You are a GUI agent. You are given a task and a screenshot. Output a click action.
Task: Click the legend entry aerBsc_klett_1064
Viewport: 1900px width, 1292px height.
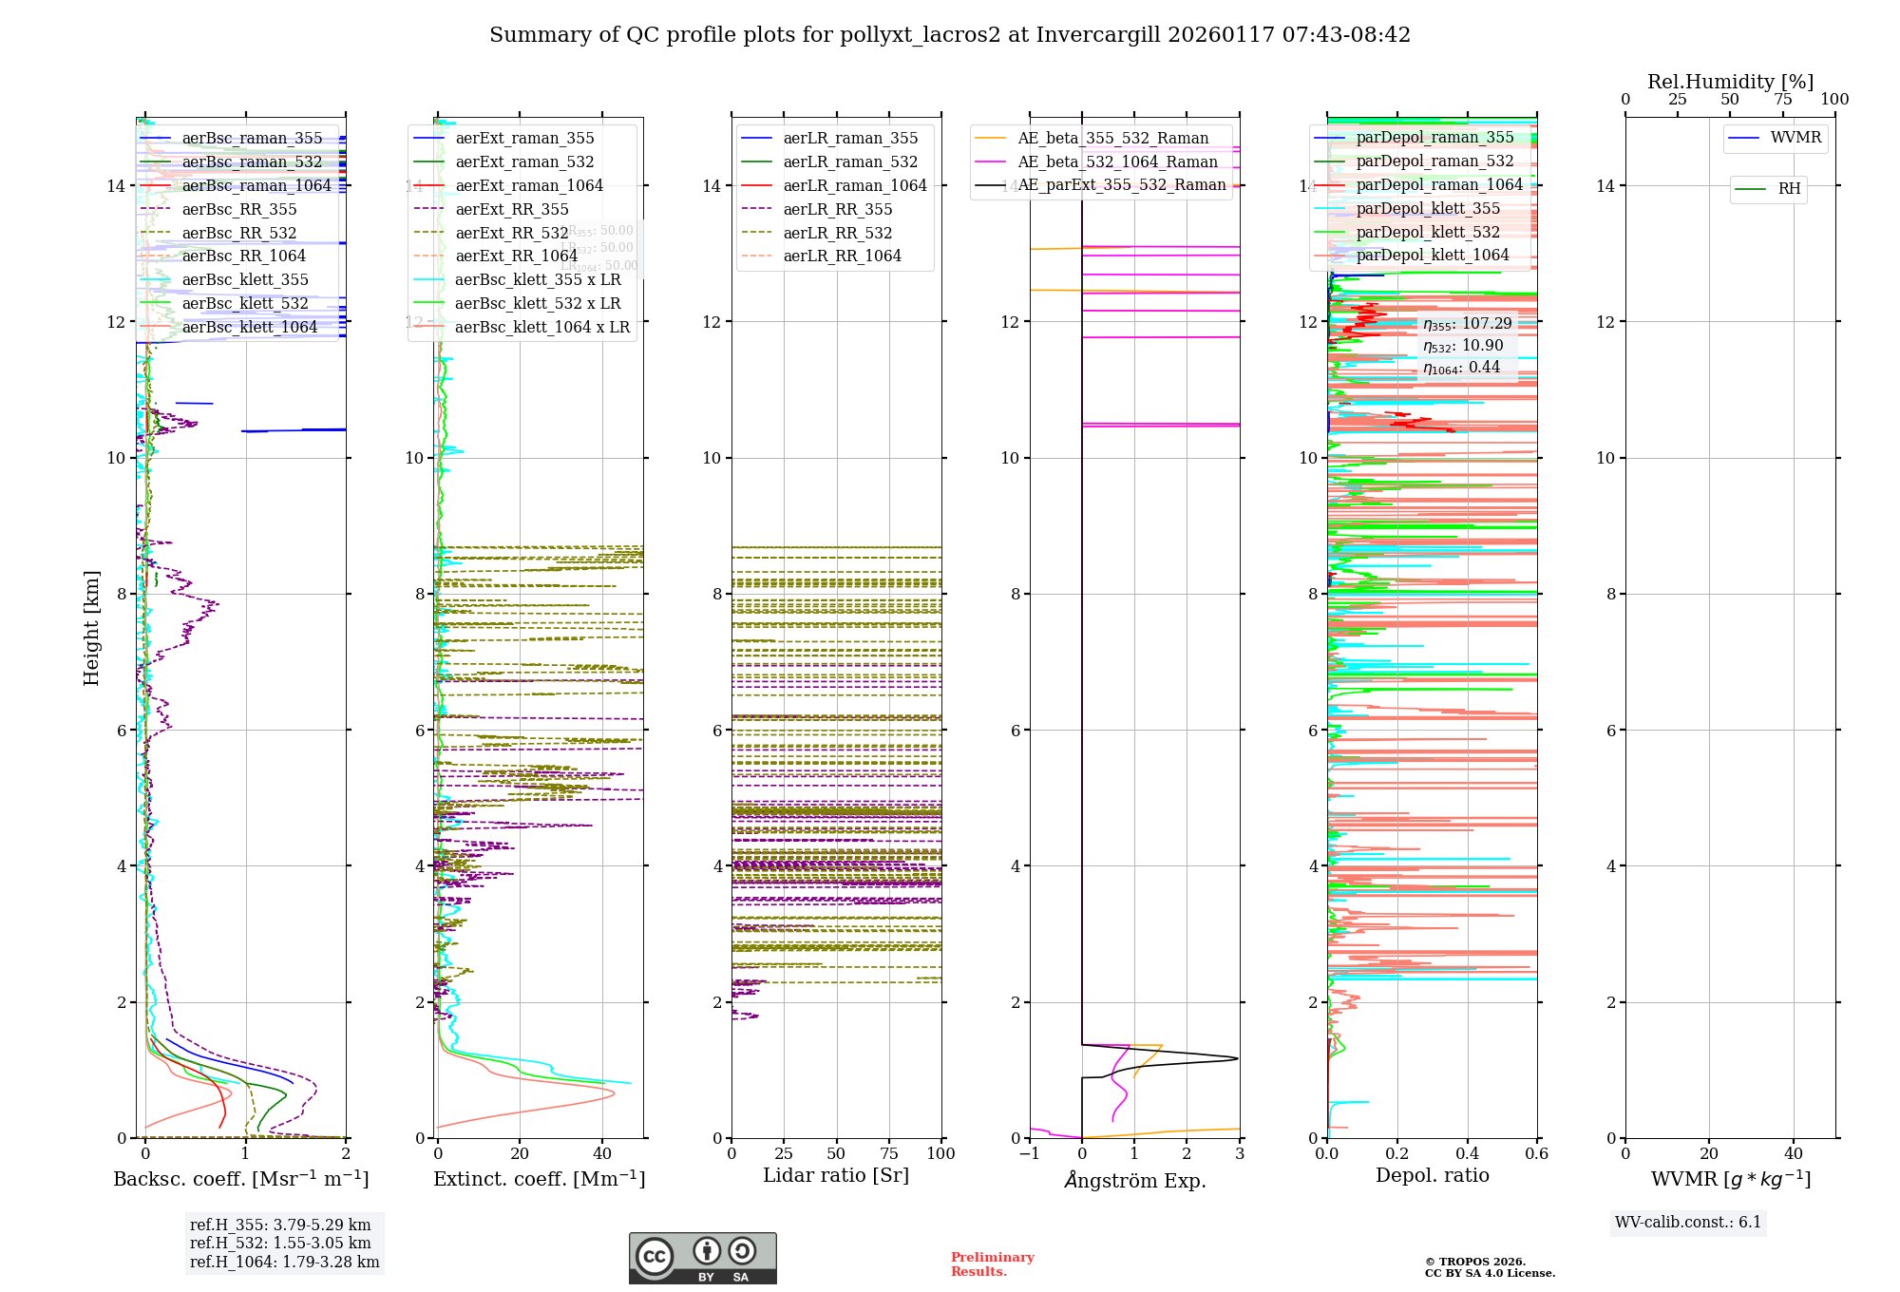pyautogui.click(x=249, y=327)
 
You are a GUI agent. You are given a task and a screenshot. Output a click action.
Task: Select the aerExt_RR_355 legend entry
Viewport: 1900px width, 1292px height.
pyautogui.click(x=511, y=209)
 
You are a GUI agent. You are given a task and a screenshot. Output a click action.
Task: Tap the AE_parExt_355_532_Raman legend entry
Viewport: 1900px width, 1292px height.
pyautogui.click(x=1121, y=185)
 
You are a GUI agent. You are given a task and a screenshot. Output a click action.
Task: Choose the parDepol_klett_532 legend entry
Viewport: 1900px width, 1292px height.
pyautogui.click(x=1427, y=232)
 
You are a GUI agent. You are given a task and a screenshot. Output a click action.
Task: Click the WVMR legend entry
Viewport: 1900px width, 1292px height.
pyautogui.click(x=1795, y=138)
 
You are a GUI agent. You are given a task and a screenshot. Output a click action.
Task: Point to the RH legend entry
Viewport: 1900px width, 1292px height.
pyautogui.click(x=1789, y=189)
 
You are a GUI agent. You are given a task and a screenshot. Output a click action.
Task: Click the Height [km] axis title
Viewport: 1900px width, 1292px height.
pyautogui.click(x=91, y=627)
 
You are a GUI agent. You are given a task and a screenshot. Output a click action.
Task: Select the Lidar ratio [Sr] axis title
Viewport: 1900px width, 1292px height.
pyautogui.click(x=836, y=1175)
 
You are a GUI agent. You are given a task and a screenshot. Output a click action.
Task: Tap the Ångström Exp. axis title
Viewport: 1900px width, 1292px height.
pyautogui.click(x=1134, y=1180)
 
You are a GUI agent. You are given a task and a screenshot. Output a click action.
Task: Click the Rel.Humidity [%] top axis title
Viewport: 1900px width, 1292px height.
pyautogui.click(x=1730, y=82)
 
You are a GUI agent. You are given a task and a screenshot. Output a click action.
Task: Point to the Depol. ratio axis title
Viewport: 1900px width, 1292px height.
pyautogui.click(x=1432, y=1175)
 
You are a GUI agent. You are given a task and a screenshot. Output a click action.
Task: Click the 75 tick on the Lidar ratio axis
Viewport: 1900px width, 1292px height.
pyautogui.click(x=889, y=1153)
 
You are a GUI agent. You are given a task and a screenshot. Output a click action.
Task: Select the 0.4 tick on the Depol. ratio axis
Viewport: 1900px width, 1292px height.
pyautogui.click(x=1467, y=1153)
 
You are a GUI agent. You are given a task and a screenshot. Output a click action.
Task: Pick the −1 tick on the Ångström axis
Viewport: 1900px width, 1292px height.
pyautogui.click(x=1030, y=1153)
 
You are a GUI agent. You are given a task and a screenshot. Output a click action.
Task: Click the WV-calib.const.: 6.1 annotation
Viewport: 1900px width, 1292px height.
pyautogui.click(x=1687, y=1223)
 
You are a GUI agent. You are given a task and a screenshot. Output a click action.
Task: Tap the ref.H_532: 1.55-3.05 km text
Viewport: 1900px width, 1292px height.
pyautogui.click(x=280, y=1244)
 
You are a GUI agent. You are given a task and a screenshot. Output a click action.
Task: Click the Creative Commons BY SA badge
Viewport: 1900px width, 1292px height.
pyautogui.click(x=702, y=1259)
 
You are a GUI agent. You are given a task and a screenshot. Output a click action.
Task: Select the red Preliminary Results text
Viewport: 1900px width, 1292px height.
pyautogui.click(x=992, y=1264)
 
